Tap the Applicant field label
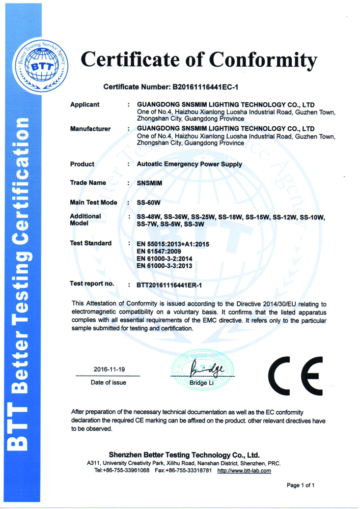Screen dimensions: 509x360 [85, 105]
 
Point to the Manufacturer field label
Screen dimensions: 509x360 [90, 129]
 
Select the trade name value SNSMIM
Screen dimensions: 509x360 [150, 183]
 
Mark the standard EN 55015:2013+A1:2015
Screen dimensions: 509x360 [173, 244]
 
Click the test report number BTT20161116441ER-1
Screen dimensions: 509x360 [170, 285]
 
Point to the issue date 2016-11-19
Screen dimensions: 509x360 [108, 369]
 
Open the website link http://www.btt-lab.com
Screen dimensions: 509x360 [244, 470]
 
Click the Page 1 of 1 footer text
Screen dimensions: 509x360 [300, 486]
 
